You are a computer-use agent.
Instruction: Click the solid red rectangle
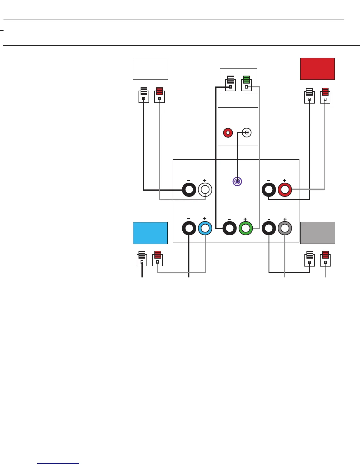317,69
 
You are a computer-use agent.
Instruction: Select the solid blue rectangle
150,233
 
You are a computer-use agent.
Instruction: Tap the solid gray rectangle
318,233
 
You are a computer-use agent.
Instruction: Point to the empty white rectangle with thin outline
150,69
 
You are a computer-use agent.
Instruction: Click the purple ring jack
237,181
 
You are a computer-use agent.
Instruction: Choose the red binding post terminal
285,190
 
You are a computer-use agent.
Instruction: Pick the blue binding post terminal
205,228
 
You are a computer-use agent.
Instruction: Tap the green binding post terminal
246,228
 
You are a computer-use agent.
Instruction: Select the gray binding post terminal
285,228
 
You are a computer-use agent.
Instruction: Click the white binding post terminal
205,190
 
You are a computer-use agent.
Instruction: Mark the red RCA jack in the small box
228,133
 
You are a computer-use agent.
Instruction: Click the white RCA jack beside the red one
246,133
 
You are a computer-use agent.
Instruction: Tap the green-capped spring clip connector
246,83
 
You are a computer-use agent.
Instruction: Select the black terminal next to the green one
229,228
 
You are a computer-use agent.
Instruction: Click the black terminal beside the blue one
189,228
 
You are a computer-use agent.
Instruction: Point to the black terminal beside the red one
269,190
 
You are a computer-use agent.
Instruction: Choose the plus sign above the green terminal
245,219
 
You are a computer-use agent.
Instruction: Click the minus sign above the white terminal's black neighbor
189,181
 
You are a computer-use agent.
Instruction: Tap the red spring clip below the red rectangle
325,95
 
